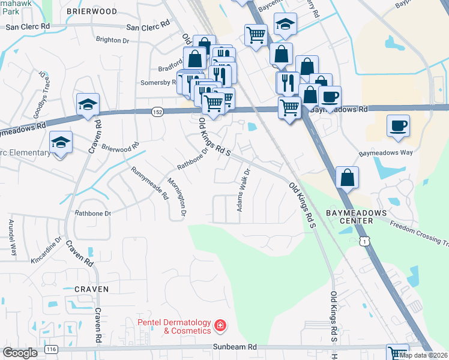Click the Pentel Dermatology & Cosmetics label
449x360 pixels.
coord(175,326)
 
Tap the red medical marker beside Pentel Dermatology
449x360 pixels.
coord(221,326)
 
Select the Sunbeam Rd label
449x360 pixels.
coord(235,347)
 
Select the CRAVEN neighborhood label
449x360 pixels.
coord(92,289)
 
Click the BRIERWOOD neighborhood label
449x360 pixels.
coord(92,11)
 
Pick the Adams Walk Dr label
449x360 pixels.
coord(244,194)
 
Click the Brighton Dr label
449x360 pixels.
coord(112,40)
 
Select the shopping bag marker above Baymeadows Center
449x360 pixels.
coord(348,178)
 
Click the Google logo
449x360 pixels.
coord(20,353)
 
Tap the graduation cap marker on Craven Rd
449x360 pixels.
coord(88,105)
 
